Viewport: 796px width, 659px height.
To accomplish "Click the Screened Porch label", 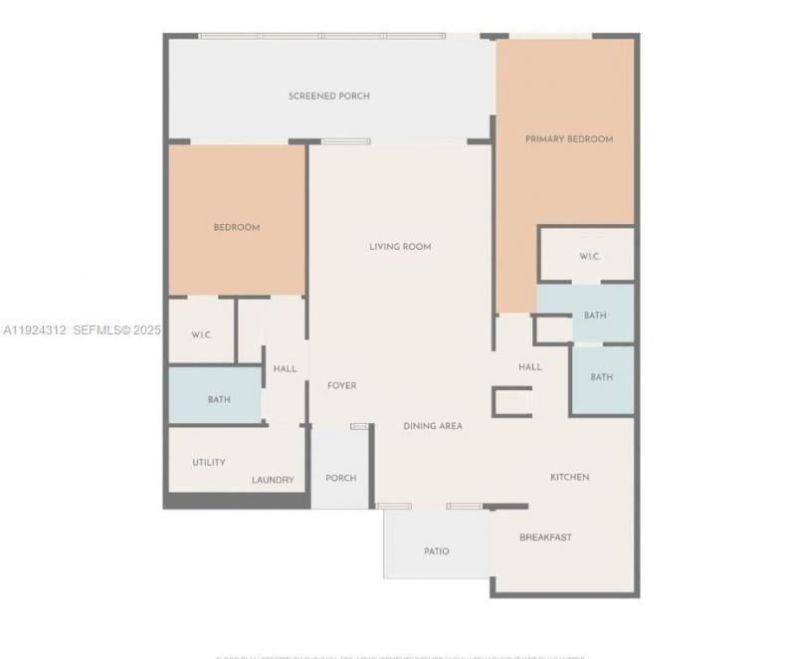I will pos(329,97).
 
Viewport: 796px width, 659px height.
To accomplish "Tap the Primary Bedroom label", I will pos(569,139).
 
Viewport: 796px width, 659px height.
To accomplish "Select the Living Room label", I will pos(400,247).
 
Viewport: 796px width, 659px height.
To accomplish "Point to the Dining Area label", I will pos(433,426).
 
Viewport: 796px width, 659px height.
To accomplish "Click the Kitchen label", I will pos(570,477).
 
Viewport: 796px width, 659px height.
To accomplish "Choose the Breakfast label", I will pos(545,538).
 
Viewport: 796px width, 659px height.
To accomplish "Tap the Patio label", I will pos(436,551).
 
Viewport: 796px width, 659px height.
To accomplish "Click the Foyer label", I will pos(341,385).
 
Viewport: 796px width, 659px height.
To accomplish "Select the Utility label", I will pos(209,462).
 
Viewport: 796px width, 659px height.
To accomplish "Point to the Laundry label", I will pos(273,480).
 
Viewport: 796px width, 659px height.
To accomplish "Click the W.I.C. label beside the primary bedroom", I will pos(590,257).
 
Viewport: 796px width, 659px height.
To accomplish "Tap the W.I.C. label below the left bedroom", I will pos(203,334).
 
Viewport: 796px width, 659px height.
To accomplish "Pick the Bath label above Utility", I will pos(219,400).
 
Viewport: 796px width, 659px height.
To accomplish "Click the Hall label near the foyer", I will pos(285,369).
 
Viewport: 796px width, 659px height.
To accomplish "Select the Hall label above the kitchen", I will pos(530,367).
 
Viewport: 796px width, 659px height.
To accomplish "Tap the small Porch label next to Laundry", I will pos(340,478).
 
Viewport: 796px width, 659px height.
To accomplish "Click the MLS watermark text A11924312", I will pos(35,329).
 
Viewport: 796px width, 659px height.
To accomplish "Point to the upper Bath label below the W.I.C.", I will pos(595,316).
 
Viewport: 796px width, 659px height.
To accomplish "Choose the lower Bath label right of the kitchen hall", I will pos(601,377).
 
